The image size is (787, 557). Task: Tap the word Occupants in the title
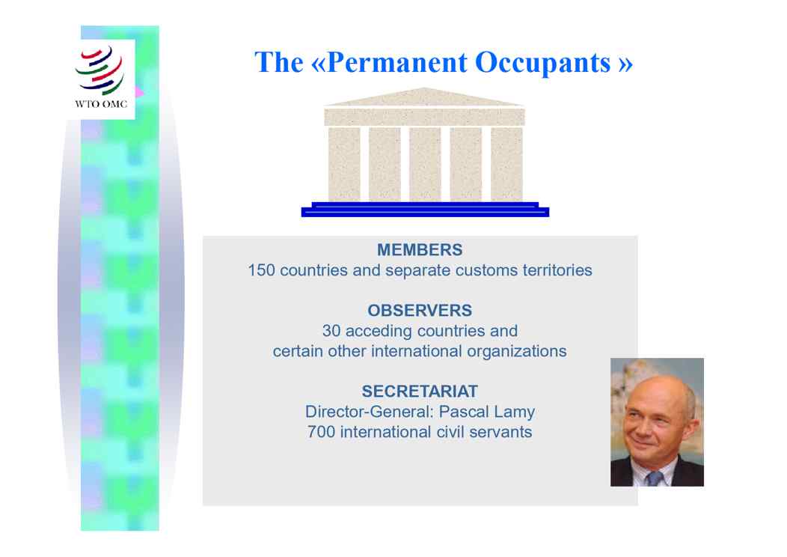point(542,64)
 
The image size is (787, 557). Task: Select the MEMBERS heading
point(420,249)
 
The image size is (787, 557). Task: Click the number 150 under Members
point(262,270)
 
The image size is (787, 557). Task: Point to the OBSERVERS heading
point(420,311)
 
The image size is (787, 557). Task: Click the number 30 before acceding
point(331,331)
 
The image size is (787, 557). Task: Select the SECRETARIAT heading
point(420,392)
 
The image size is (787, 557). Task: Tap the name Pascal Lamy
point(487,413)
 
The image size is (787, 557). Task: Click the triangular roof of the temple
point(424,97)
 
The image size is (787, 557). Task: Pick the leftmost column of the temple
point(344,164)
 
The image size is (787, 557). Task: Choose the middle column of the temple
point(425,164)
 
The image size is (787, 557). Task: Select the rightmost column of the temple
point(506,164)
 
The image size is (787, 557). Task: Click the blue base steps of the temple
point(425,210)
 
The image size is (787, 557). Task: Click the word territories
point(557,270)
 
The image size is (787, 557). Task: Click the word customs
point(486,271)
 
